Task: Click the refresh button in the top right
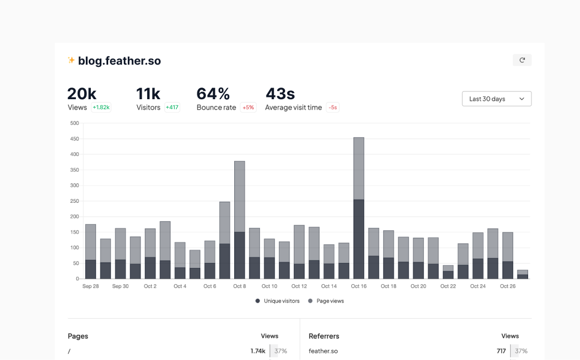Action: point(522,60)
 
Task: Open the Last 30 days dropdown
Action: point(496,99)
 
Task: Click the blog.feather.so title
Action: point(119,61)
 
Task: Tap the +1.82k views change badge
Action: point(101,108)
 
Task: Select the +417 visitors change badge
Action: point(172,108)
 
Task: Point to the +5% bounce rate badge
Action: point(248,108)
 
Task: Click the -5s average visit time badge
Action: point(333,108)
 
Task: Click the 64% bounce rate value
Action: point(213,94)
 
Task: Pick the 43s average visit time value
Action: point(280,94)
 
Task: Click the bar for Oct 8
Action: point(240,220)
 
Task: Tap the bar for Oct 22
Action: point(448,272)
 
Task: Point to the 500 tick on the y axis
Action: point(74,123)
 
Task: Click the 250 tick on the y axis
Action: point(74,201)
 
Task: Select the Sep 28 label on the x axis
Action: point(90,286)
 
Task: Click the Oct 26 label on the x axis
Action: point(507,286)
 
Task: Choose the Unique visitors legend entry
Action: point(278,301)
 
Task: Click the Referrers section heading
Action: point(324,336)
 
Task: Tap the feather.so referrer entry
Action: point(323,351)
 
